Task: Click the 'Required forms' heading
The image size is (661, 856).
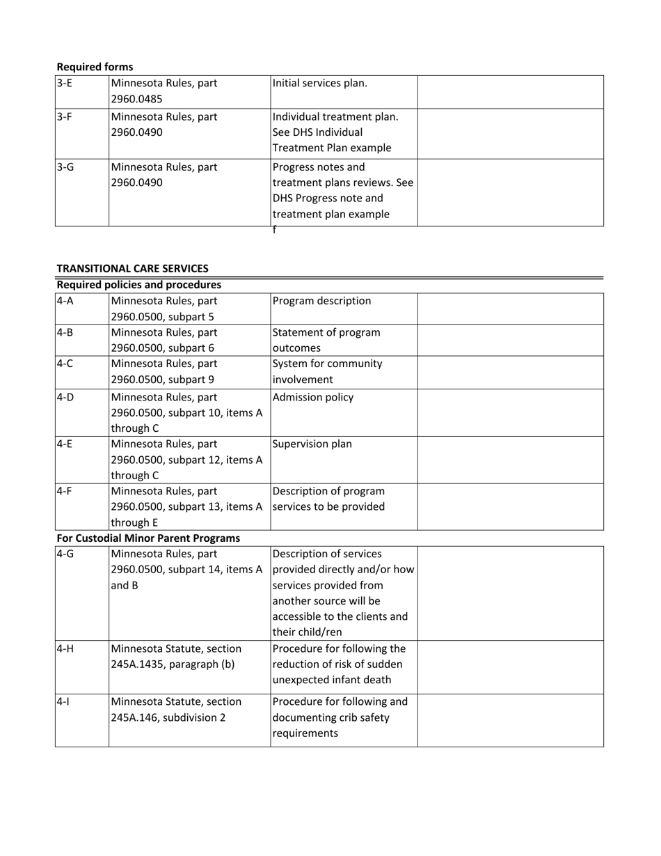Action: click(95, 67)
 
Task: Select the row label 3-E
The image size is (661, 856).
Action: click(64, 84)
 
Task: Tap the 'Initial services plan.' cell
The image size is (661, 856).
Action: click(320, 84)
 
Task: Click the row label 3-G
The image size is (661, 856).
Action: click(65, 167)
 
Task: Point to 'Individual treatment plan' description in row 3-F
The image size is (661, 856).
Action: click(335, 116)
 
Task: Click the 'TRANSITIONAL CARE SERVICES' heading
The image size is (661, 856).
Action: click(132, 268)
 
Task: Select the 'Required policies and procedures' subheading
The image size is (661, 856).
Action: click(139, 285)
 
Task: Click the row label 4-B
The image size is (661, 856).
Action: click(65, 332)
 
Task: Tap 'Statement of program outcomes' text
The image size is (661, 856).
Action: click(326, 340)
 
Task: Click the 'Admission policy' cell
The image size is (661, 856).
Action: click(313, 397)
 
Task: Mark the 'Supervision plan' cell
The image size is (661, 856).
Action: click(312, 444)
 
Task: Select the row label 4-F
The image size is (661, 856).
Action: click(64, 491)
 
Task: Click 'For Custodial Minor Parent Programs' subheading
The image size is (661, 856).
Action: click(148, 538)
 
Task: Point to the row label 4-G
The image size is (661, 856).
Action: click(65, 554)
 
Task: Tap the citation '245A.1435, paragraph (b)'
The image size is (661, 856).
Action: click(173, 664)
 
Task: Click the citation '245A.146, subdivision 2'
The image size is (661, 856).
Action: click(168, 717)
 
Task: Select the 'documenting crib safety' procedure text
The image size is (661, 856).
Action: click(330, 717)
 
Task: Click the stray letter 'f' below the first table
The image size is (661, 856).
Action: click(274, 230)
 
